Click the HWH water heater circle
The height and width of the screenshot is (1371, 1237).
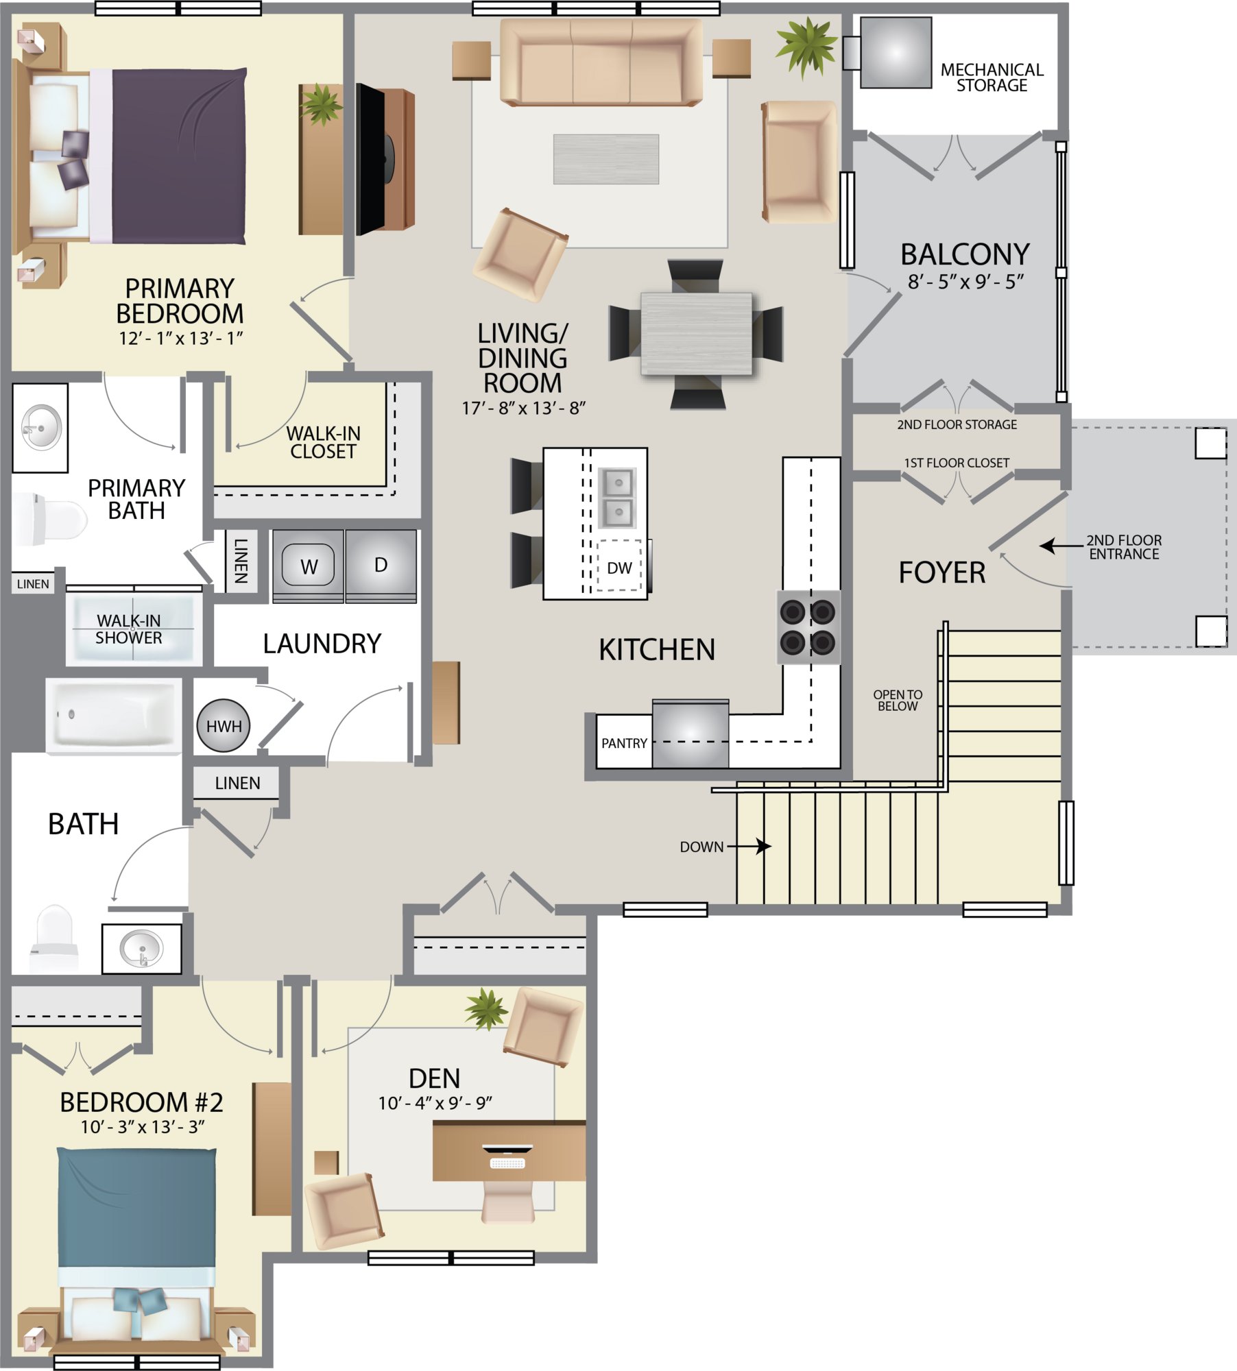224,725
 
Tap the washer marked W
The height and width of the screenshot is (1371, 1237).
309,566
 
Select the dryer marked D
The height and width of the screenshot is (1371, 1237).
381,566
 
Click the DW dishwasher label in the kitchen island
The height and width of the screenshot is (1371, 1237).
619,568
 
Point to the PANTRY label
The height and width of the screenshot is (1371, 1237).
624,743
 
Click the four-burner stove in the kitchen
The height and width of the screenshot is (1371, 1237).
808,627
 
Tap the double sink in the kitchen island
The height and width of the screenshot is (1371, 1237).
617,498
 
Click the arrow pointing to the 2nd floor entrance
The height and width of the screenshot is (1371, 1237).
1061,546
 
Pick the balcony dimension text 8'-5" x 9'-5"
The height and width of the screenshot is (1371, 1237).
965,282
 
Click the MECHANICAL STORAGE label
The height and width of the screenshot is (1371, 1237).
992,77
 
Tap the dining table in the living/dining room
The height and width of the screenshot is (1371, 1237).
697,334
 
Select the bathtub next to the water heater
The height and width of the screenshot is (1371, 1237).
114,716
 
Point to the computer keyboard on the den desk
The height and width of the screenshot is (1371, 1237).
507,1163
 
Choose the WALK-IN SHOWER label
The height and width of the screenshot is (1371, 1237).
129,629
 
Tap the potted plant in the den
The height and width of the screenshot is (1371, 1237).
486,1008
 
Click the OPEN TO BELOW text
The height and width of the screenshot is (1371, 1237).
898,700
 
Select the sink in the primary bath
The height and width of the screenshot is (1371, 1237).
41,428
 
